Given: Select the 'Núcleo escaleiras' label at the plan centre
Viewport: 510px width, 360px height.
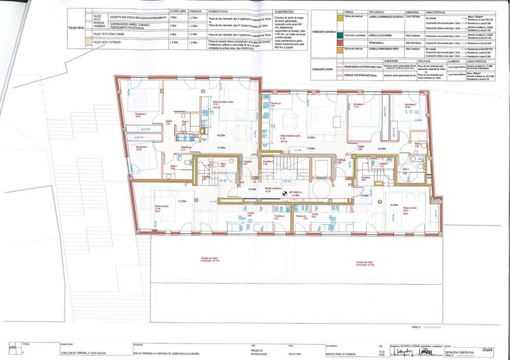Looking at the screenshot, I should coord(272,189).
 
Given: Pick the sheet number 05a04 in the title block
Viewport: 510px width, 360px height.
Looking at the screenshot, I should coord(488,349).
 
